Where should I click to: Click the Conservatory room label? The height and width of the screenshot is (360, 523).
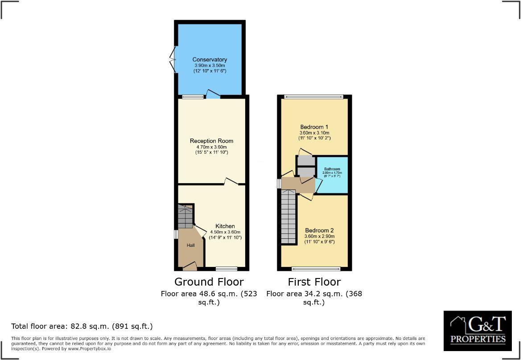(x=210, y=60)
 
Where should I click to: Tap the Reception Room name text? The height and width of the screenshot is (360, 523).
(x=211, y=141)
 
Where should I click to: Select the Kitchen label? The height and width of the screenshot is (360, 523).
(x=225, y=226)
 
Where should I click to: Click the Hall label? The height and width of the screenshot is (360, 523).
(x=190, y=245)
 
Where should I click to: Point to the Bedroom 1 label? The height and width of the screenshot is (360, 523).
(x=314, y=127)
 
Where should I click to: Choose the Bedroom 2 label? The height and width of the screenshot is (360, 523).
(x=319, y=230)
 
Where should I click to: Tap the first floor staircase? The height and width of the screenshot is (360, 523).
(x=288, y=217)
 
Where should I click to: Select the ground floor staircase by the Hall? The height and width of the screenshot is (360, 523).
(x=185, y=217)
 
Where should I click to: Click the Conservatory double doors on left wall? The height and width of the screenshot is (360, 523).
(x=173, y=59)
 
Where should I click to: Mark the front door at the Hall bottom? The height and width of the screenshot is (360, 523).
(x=190, y=267)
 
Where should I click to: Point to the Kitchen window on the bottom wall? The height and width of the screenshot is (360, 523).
(x=226, y=269)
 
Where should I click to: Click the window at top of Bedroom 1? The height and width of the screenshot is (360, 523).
(x=314, y=97)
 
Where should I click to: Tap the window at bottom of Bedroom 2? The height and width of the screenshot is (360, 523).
(x=316, y=269)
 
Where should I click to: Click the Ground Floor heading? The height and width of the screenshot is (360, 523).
(x=209, y=282)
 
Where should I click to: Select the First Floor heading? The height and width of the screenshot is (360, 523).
(x=314, y=282)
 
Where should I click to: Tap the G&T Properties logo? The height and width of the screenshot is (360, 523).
(x=478, y=330)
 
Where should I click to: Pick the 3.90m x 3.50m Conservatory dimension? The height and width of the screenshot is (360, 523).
(x=210, y=65)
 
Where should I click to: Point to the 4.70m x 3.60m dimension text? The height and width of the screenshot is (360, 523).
(x=211, y=147)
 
